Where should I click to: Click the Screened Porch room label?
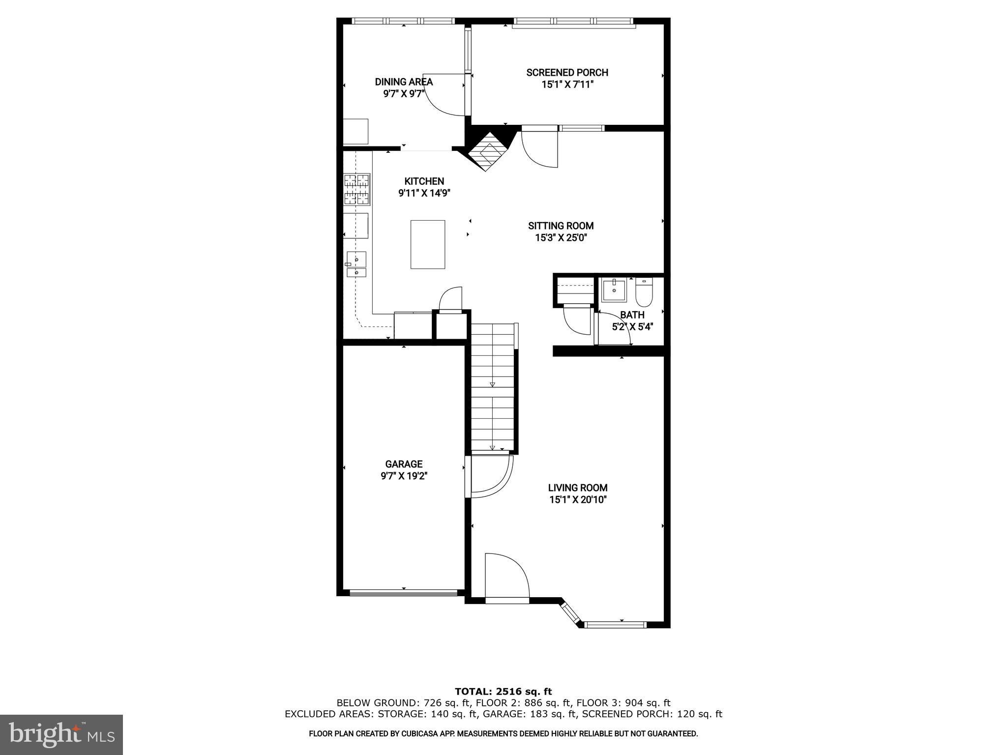[567, 73]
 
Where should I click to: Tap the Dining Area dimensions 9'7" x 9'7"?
[404, 94]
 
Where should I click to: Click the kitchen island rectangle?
[428, 244]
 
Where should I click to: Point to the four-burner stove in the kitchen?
[356, 189]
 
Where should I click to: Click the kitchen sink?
[356, 264]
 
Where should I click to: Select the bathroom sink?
[614, 290]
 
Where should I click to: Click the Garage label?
[404, 464]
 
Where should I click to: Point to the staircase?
[492, 388]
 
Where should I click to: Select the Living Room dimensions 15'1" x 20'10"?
[578, 500]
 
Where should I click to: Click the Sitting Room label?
[561, 226]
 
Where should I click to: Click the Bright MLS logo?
[61, 735]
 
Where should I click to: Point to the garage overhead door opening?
[403, 593]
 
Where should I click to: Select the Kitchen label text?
[424, 181]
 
